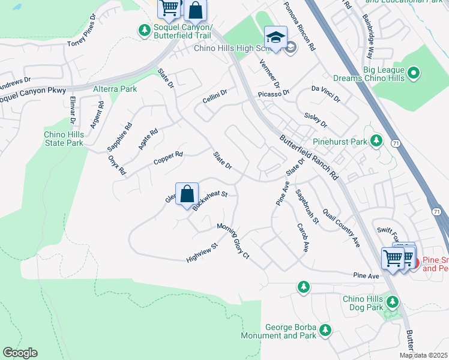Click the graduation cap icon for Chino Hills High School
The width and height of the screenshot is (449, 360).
(276, 37)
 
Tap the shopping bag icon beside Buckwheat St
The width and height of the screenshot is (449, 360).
(187, 194)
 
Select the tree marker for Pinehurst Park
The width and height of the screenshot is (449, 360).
(376, 142)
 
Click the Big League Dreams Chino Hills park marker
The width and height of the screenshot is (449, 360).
(414, 74)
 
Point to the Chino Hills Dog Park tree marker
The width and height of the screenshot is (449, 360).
(393, 301)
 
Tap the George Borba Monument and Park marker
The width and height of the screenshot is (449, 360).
(325, 329)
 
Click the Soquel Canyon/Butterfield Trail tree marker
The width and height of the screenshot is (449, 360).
(144, 29)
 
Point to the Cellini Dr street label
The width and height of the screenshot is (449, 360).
(214, 97)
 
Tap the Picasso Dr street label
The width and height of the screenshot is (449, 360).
(274, 94)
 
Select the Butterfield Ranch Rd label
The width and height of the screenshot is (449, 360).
(310, 157)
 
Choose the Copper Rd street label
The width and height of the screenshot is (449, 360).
(167, 158)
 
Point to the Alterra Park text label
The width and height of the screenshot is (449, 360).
(115, 89)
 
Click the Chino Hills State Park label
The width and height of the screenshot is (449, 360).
(64, 139)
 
